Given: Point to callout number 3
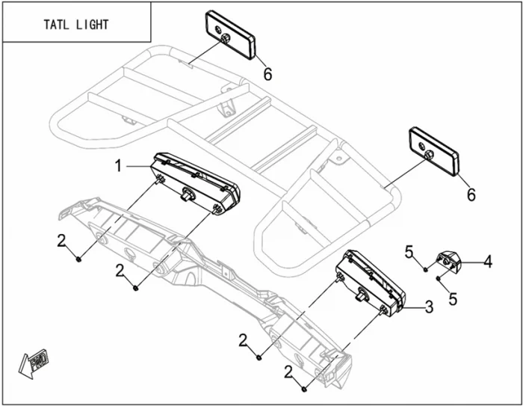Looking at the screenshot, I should (428, 305).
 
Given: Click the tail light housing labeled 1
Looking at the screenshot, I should (196, 185).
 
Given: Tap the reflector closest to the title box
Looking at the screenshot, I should (230, 35).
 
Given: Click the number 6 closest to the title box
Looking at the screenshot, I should (267, 73).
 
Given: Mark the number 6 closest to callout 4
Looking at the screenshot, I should (471, 194).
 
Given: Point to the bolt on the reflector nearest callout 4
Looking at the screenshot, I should (430, 155).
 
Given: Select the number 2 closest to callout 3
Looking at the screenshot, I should (288, 371).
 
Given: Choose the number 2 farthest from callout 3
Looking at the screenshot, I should (63, 240).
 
